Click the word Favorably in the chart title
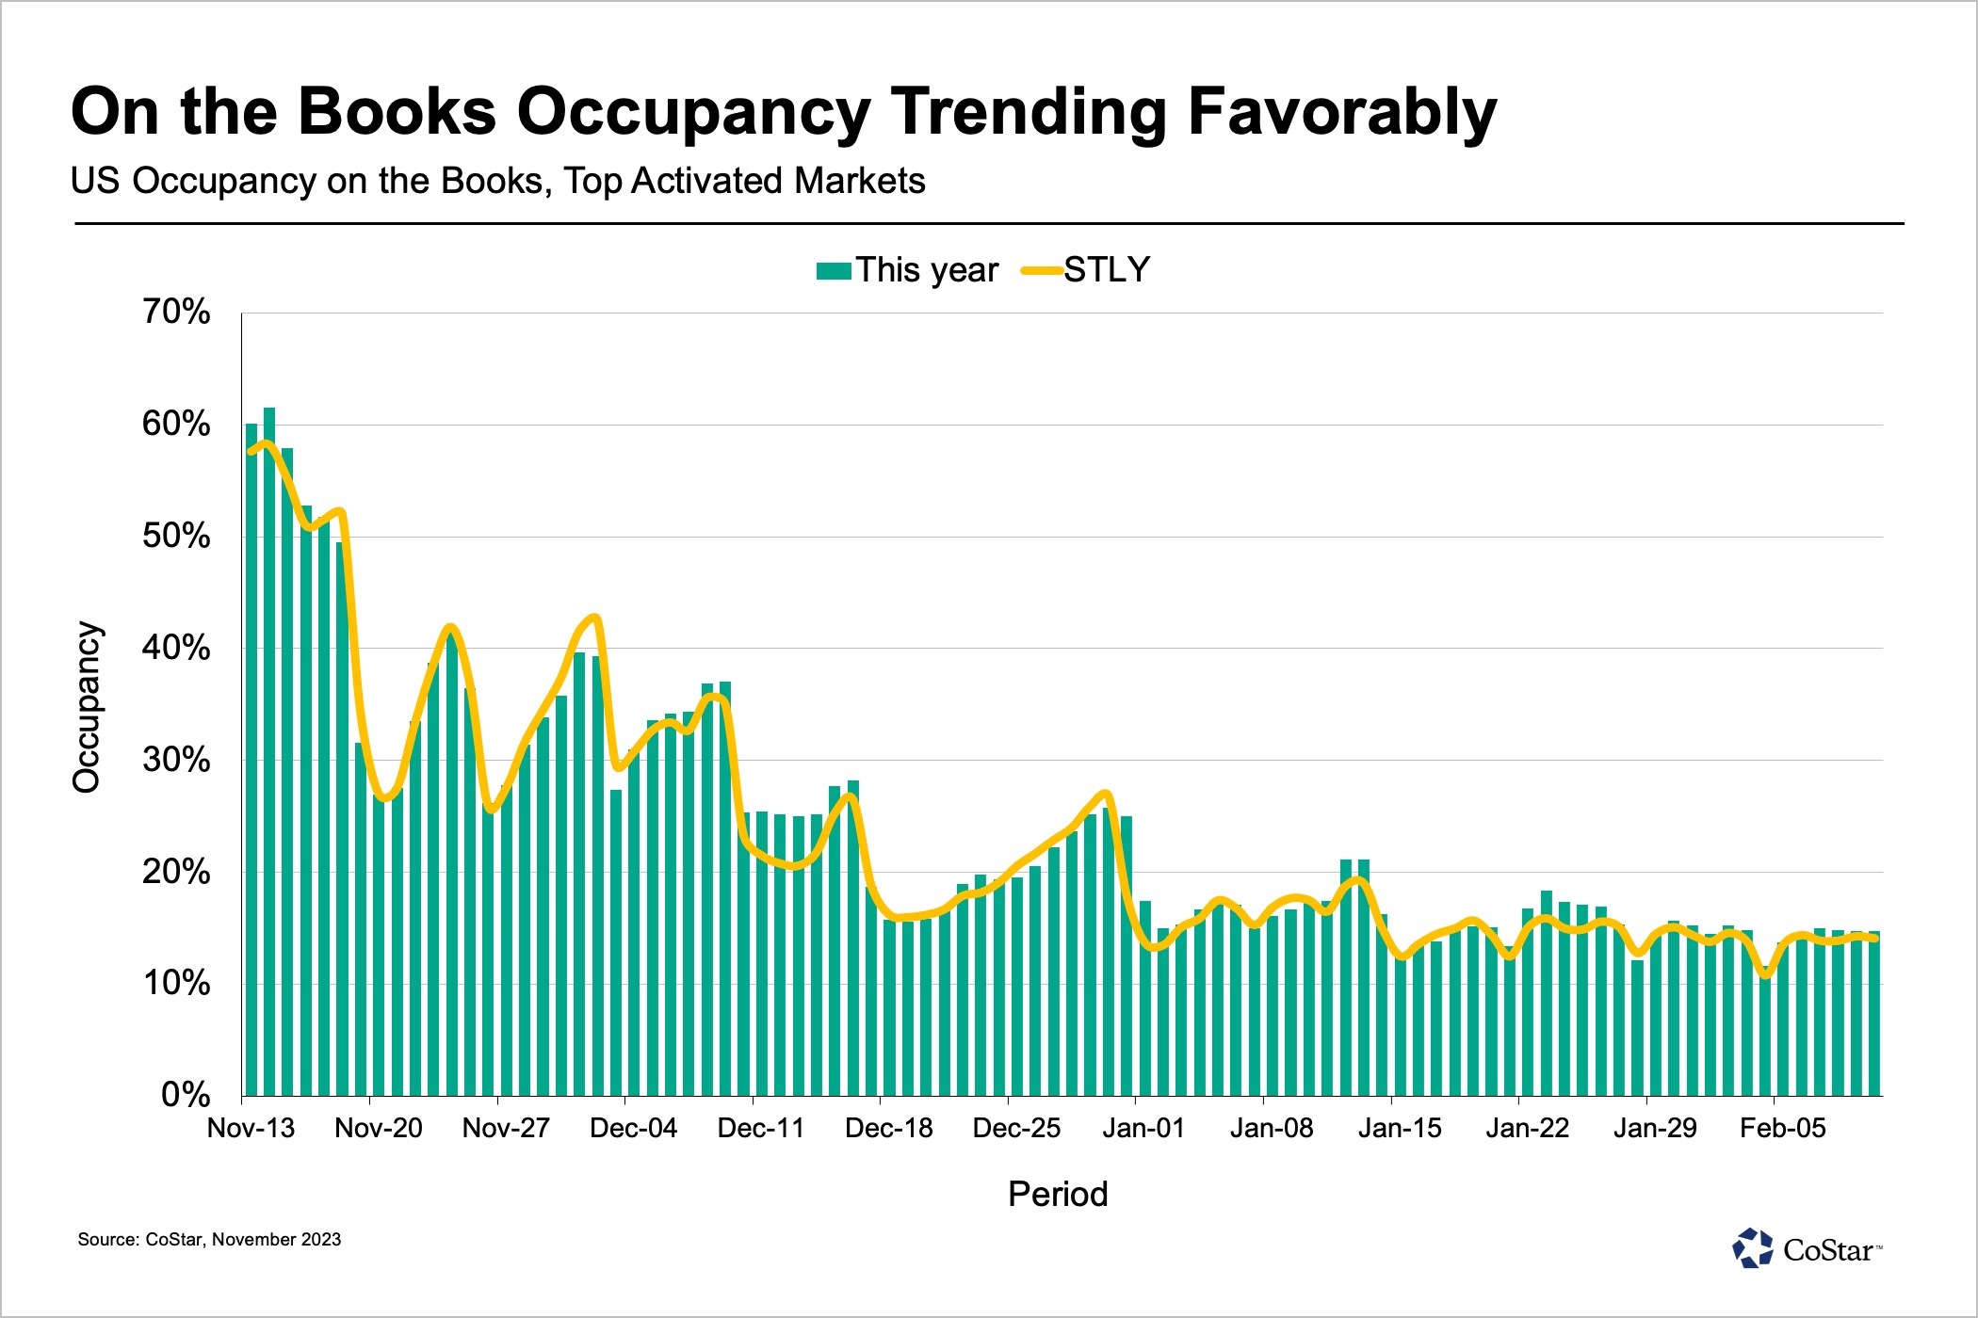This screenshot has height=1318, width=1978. point(1341,113)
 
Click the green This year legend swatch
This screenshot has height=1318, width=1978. point(834,271)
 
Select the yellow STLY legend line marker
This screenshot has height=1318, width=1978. point(1042,271)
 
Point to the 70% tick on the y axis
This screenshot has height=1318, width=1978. point(176,312)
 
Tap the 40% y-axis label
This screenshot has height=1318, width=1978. point(176,648)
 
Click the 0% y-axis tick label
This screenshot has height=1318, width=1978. point(186,1095)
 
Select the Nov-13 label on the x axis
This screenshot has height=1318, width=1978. point(251,1128)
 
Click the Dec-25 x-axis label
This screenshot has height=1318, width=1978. point(1016,1128)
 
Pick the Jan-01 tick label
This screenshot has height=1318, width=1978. point(1143,1128)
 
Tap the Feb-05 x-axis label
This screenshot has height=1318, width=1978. point(1782,1128)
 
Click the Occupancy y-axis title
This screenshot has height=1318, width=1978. point(87,707)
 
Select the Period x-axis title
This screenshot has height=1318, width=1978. point(1058,1194)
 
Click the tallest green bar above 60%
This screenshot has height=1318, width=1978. point(269,753)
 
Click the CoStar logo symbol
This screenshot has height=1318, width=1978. point(1753,1248)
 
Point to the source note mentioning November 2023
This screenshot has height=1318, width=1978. point(209,1240)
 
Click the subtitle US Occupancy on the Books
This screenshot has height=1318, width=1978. point(497,181)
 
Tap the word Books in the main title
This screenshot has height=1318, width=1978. point(397,113)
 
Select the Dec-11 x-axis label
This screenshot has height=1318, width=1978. point(761,1128)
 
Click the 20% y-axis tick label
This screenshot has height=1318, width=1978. point(176,872)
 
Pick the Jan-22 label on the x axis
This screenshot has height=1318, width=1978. point(1527,1128)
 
